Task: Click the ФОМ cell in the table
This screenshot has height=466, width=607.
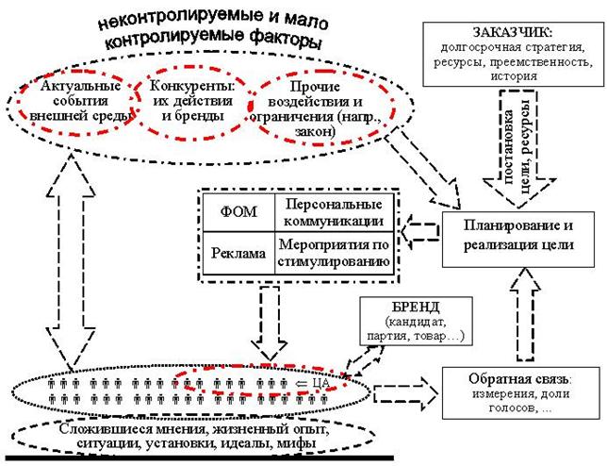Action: click(238, 212)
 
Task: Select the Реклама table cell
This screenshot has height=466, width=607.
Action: click(238, 254)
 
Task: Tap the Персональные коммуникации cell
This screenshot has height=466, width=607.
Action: click(334, 212)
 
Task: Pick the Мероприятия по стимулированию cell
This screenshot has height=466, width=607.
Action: click(334, 254)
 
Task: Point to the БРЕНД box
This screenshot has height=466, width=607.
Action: click(417, 321)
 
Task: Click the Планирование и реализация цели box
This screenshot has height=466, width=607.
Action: click(518, 239)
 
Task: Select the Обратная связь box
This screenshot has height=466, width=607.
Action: click(520, 392)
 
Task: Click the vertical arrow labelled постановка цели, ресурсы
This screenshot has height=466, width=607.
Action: click(518, 150)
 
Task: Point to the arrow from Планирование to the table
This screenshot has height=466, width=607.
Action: click(420, 232)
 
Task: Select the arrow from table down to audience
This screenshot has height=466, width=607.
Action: click(270, 324)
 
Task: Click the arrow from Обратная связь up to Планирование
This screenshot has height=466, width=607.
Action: click(525, 314)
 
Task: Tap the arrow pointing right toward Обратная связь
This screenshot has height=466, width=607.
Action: click(405, 394)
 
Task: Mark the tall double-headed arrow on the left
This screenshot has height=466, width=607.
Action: click(71, 259)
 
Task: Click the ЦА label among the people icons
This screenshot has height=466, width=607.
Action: click(312, 384)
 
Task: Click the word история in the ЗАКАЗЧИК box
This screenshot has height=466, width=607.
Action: click(514, 75)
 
